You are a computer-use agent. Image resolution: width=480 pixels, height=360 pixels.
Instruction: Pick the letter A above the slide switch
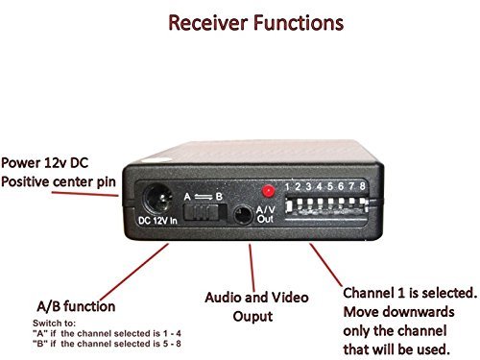tap(187, 192)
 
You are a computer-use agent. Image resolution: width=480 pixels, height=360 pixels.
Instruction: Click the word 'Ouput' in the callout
tap(251, 316)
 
